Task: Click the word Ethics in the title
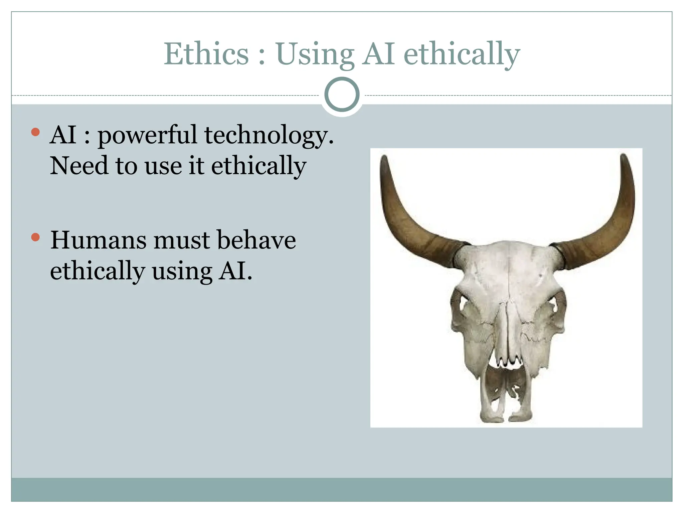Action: click(206, 54)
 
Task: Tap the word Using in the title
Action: click(315, 54)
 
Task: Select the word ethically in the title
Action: click(462, 54)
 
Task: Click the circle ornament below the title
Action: click(342, 95)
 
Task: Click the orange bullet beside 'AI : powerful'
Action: click(35, 132)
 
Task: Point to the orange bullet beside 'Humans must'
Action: click(35, 237)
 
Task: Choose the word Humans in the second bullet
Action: click(98, 240)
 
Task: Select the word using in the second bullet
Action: click(182, 271)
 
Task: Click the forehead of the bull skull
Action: click(508, 267)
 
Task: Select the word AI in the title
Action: click(379, 54)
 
